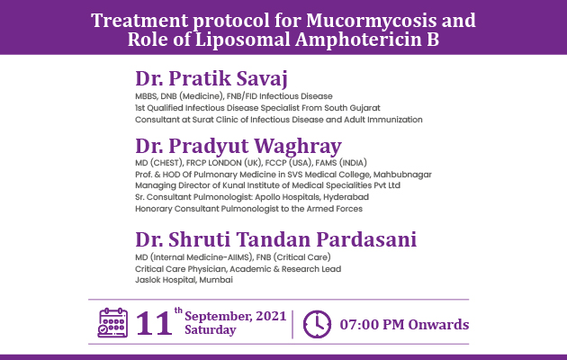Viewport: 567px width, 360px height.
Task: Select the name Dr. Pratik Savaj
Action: tap(211, 78)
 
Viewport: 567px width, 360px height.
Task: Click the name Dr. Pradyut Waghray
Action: tap(238, 146)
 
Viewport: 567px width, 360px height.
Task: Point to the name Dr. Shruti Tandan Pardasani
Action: tap(276, 239)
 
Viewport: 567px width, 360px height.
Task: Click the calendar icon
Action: tap(112, 323)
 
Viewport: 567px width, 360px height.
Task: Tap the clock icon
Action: tap(317, 324)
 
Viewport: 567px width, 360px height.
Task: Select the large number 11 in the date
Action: tap(154, 323)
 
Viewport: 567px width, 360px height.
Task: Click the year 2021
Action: tap(271, 316)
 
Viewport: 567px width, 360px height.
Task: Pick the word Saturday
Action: tap(211, 329)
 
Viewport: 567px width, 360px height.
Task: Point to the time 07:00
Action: tap(359, 325)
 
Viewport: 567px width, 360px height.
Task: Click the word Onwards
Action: tap(438, 325)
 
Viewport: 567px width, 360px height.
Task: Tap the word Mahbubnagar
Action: tap(402, 175)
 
